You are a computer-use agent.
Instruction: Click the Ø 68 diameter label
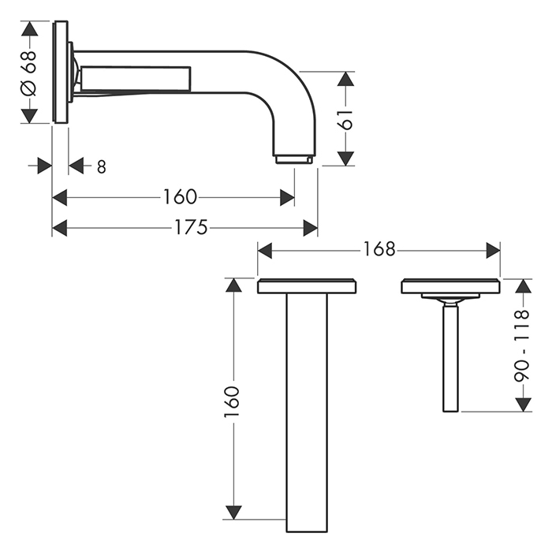pyautogui.click(x=29, y=73)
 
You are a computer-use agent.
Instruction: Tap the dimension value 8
pyautogui.click(x=102, y=167)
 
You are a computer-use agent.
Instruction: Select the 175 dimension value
pyautogui.click(x=191, y=227)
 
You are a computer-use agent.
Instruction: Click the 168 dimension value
pyautogui.click(x=379, y=250)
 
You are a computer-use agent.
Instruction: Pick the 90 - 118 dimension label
pyautogui.click(x=522, y=346)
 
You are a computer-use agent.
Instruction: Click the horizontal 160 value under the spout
pyautogui.click(x=180, y=197)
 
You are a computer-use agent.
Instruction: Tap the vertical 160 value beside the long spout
pyautogui.click(x=232, y=402)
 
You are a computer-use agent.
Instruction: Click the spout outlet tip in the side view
pyautogui.click(x=294, y=159)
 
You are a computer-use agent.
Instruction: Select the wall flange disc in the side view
pyautogui.click(x=60, y=73)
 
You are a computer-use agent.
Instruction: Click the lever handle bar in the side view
pyautogui.click(x=136, y=78)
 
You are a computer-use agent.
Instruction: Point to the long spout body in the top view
pyautogui.click(x=307, y=412)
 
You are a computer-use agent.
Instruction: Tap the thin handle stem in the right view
pyautogui.click(x=450, y=358)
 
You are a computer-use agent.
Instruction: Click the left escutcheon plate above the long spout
pyautogui.click(x=307, y=285)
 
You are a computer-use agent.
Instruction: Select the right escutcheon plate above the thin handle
pyautogui.click(x=451, y=285)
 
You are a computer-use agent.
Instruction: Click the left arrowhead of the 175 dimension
pyautogui.click(x=59, y=228)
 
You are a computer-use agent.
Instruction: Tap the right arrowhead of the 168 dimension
pyautogui.click(x=493, y=251)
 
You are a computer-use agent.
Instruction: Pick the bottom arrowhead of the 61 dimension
pyautogui.click(x=345, y=158)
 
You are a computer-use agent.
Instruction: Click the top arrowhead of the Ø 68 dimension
pyautogui.click(x=29, y=28)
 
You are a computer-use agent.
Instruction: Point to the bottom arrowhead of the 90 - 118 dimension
pyautogui.click(x=524, y=404)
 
